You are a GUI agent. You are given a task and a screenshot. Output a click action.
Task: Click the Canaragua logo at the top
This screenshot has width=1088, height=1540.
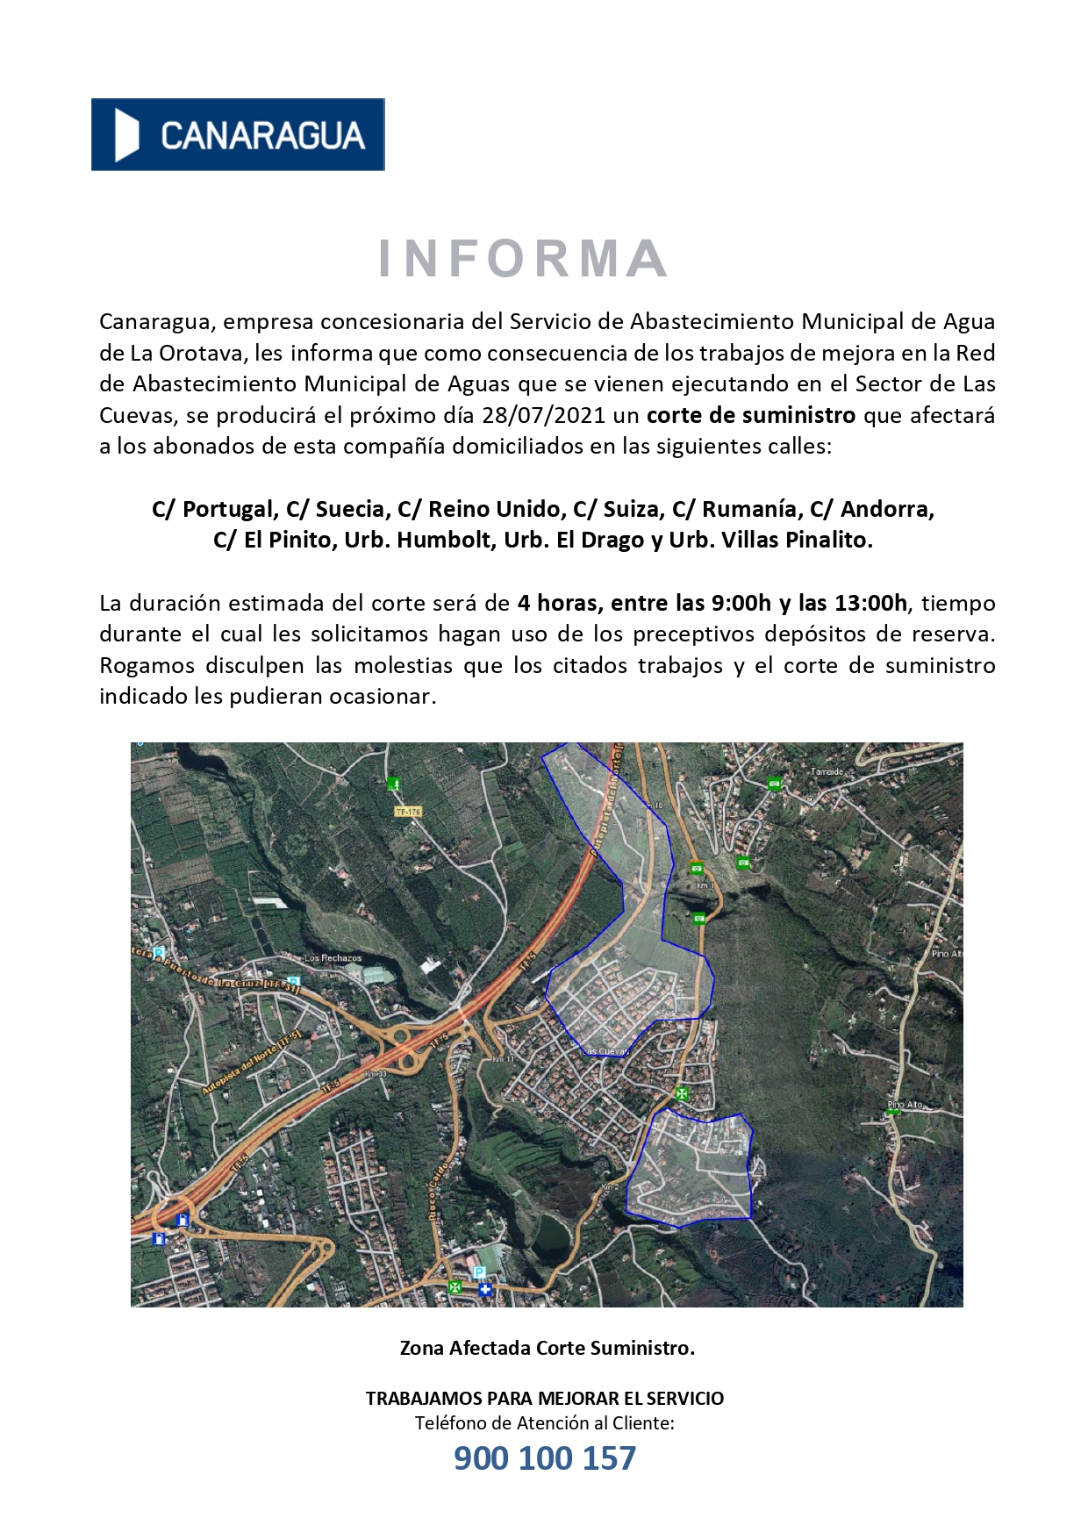coord(238,134)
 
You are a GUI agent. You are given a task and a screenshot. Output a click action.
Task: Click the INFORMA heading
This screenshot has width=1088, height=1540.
coord(523,259)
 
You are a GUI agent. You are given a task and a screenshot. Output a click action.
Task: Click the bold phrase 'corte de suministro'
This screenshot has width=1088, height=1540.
coord(750,415)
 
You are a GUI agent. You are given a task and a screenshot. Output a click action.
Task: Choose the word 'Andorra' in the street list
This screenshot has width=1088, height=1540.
coord(886,509)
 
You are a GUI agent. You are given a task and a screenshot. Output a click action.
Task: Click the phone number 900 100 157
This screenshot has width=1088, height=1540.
coord(544,1458)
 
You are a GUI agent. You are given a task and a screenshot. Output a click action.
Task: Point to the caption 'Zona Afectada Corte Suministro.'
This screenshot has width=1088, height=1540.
coord(547,1348)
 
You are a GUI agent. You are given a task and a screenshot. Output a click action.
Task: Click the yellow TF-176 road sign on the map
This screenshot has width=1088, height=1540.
coord(408,812)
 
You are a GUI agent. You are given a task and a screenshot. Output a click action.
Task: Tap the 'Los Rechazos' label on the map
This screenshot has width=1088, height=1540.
coord(333,958)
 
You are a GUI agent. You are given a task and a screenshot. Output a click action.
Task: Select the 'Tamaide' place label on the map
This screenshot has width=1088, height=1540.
coord(826,772)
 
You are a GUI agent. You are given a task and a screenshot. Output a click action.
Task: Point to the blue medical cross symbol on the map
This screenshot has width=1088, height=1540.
coord(484,1289)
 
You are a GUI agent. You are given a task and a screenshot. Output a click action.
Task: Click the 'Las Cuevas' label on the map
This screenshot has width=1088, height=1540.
coord(605,1050)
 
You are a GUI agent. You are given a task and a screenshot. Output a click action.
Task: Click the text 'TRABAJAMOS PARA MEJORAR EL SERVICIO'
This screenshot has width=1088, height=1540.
coord(544,1399)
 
